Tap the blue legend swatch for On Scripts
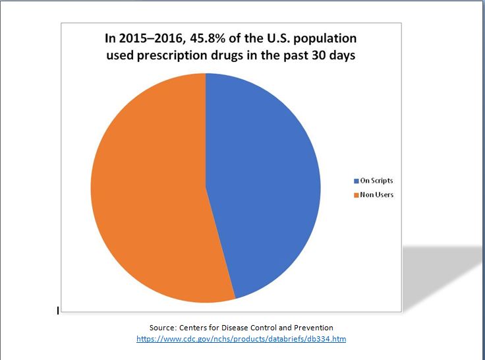point(355,181)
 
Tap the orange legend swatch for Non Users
point(355,195)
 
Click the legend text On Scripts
point(376,181)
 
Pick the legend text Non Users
point(376,195)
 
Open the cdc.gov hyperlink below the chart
point(241,339)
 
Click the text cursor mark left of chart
point(58,309)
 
